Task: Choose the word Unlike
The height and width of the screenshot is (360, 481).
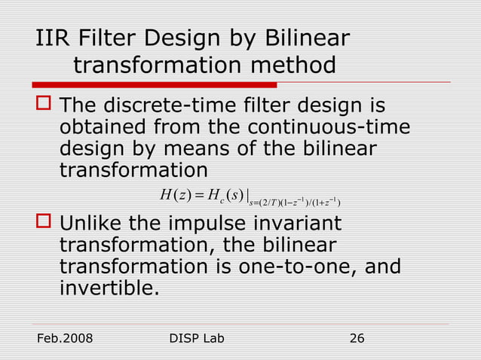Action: (x=94, y=224)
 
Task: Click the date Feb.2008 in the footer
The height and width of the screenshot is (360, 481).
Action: (x=65, y=339)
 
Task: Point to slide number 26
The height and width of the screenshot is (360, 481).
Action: (x=357, y=339)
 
